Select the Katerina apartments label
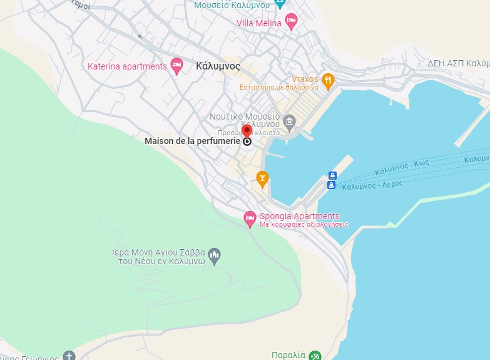click(127, 66)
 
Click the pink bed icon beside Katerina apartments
click(177, 66)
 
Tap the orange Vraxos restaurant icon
click(329, 80)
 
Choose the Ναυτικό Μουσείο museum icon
click(289, 121)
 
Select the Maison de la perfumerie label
click(192, 141)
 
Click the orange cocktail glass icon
click(262, 178)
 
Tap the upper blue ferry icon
click(332, 176)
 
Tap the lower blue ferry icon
click(332, 185)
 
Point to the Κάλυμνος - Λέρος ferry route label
click(374, 185)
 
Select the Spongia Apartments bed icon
click(250, 219)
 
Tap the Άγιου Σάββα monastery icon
click(215, 255)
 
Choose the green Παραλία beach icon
click(315, 356)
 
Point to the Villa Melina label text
click(259, 23)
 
